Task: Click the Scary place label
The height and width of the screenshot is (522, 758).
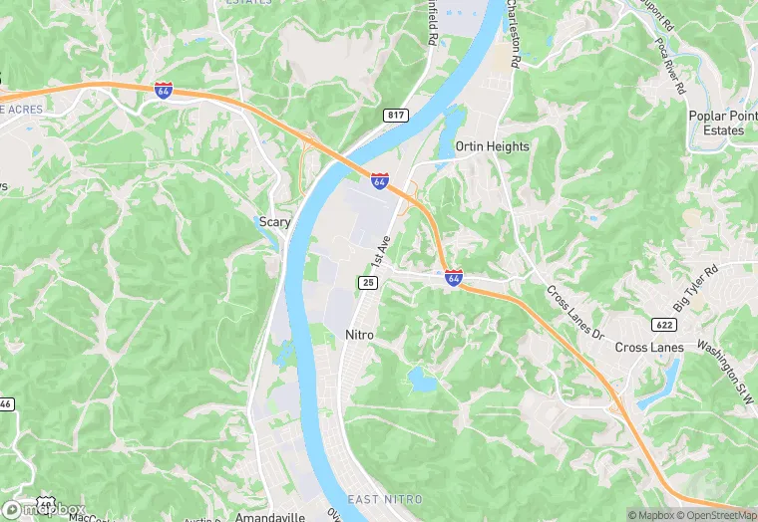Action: [274, 222]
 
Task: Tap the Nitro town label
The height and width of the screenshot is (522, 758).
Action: [359, 335]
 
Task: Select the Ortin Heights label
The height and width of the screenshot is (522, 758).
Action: [492, 146]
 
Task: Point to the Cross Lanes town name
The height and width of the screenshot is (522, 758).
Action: [649, 347]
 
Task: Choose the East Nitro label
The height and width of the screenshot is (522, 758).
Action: [385, 499]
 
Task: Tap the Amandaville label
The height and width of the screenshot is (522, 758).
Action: [268, 518]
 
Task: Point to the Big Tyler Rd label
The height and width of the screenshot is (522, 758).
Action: [697, 285]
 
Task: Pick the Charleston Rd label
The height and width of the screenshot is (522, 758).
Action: [513, 35]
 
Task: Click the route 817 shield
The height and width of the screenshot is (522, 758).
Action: [396, 116]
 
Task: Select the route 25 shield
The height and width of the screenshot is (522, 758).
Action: [368, 283]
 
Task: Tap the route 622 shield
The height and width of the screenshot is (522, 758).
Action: [665, 325]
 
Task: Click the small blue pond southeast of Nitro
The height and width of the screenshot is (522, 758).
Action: [421, 379]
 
